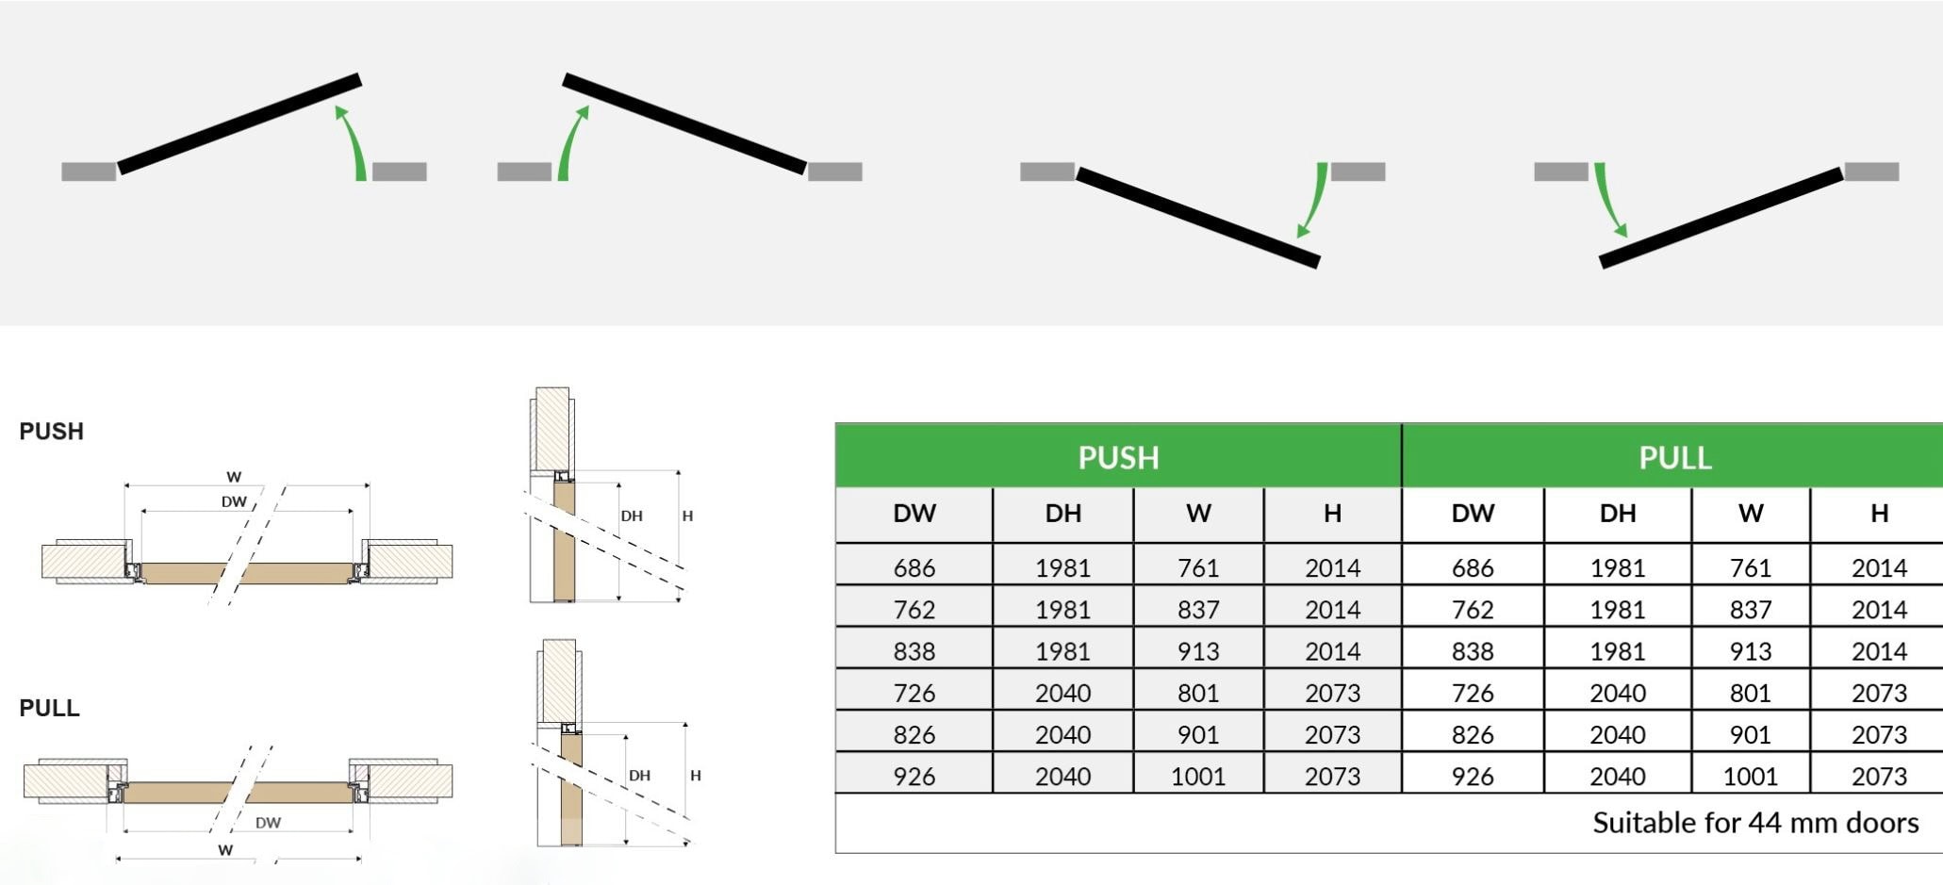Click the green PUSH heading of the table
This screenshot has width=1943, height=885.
pos(1118,457)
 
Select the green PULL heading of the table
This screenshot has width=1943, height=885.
pos(1674,457)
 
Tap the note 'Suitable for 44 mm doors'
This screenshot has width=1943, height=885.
pos(1755,823)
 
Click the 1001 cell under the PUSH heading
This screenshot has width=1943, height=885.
pos(1197,777)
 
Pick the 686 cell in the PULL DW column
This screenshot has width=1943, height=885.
pos(1473,567)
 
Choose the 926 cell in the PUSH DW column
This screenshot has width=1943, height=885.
pos(914,777)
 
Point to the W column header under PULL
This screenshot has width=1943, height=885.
pos(1750,514)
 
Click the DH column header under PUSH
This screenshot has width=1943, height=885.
pos(1062,514)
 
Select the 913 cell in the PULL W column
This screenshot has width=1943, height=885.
pos(1750,651)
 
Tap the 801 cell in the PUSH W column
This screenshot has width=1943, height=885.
pos(1197,693)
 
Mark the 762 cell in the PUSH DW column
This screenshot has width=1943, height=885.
pos(914,610)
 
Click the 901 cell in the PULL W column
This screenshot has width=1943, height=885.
pos(1750,734)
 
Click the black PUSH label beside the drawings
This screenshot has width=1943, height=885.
pos(52,432)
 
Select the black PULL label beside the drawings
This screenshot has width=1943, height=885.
pos(49,708)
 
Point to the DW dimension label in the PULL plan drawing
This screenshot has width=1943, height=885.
pos(268,823)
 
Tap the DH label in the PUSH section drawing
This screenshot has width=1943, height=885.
pos(632,516)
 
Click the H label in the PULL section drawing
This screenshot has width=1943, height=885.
pos(696,776)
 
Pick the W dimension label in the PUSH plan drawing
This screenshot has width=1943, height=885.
pos(234,477)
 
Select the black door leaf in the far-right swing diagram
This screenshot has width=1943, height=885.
pos(1721,218)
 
